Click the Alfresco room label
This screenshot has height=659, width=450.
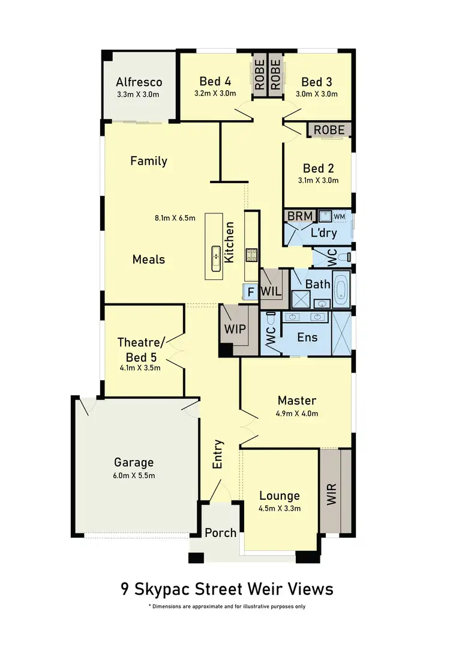(139, 82)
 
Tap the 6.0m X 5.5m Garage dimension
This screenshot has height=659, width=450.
(134, 476)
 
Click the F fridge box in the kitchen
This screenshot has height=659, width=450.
(251, 293)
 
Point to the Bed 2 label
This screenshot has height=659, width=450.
(318, 169)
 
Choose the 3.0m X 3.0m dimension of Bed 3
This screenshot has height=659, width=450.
(317, 94)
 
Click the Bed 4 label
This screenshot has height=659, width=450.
(215, 82)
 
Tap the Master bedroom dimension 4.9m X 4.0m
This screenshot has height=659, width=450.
(297, 413)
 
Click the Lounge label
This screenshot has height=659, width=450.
(280, 496)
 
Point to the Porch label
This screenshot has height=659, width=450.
(221, 533)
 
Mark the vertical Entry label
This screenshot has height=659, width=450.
(218, 454)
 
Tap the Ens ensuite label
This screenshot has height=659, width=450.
(307, 338)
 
